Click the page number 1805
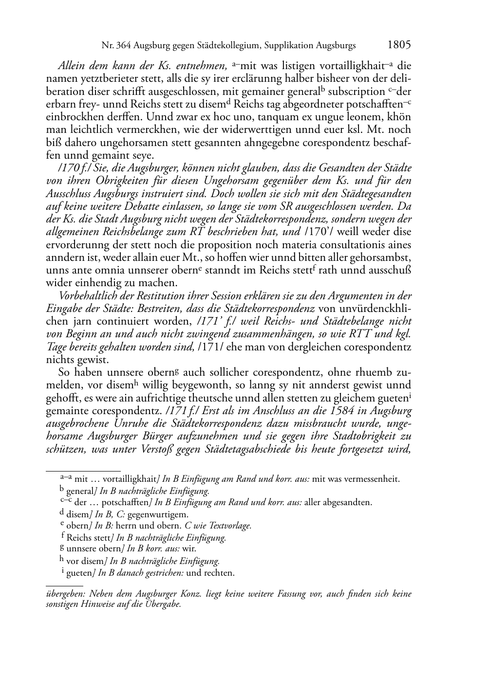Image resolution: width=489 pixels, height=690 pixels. coord(399,45)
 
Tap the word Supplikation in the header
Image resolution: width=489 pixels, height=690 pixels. coord(290,46)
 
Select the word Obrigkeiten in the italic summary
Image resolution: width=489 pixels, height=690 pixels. coord(115,181)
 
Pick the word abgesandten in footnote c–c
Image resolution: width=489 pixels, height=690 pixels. coord(348,502)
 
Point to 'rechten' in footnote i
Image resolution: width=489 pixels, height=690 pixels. coord(220,573)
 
